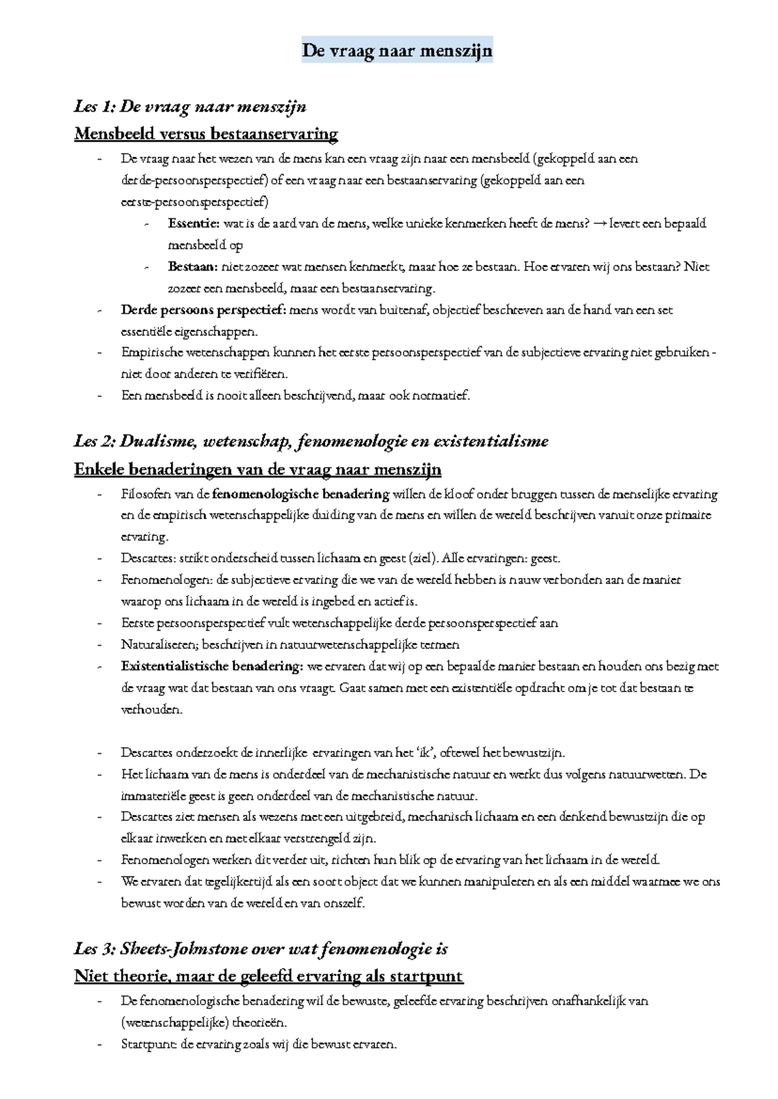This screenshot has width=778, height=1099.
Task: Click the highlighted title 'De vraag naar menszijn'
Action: [397, 50]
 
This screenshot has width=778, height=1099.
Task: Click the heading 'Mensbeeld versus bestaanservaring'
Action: [206, 134]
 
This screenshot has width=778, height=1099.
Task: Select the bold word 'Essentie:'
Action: [193, 224]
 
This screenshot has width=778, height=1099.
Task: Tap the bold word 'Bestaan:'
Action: [193, 267]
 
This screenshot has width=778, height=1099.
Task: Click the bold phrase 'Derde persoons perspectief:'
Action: [203, 310]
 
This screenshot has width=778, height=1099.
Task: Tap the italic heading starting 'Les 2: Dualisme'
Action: [311, 441]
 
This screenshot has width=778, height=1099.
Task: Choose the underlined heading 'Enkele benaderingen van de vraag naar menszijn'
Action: [257, 469]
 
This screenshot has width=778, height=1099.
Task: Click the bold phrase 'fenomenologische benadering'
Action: [300, 494]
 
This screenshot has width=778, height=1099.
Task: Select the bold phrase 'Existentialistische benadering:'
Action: [211, 666]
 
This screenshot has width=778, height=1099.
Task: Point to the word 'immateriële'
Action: [154, 796]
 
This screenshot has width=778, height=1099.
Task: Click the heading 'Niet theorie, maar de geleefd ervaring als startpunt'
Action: [268, 976]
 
